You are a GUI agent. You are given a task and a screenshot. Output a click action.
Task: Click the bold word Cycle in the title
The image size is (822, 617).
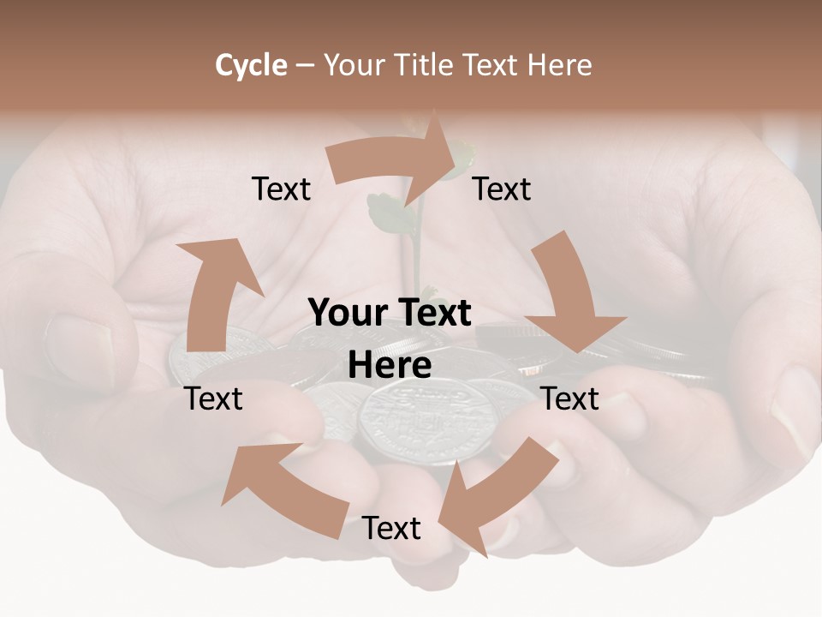click(x=251, y=65)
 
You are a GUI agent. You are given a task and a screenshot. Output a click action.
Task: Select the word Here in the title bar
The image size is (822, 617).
click(x=560, y=65)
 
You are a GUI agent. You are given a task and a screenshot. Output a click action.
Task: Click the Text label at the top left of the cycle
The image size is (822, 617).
click(x=282, y=189)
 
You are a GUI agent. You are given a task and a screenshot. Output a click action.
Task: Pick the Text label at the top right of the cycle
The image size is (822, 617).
click(x=502, y=189)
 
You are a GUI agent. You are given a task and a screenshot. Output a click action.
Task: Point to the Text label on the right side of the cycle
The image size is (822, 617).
click(x=570, y=398)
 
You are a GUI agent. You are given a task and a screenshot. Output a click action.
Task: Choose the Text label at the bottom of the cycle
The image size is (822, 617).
click(x=391, y=528)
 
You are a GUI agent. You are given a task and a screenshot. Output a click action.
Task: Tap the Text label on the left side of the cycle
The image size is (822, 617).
click(x=214, y=398)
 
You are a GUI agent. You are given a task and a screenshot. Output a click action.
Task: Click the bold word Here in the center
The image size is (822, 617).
click(x=390, y=366)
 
